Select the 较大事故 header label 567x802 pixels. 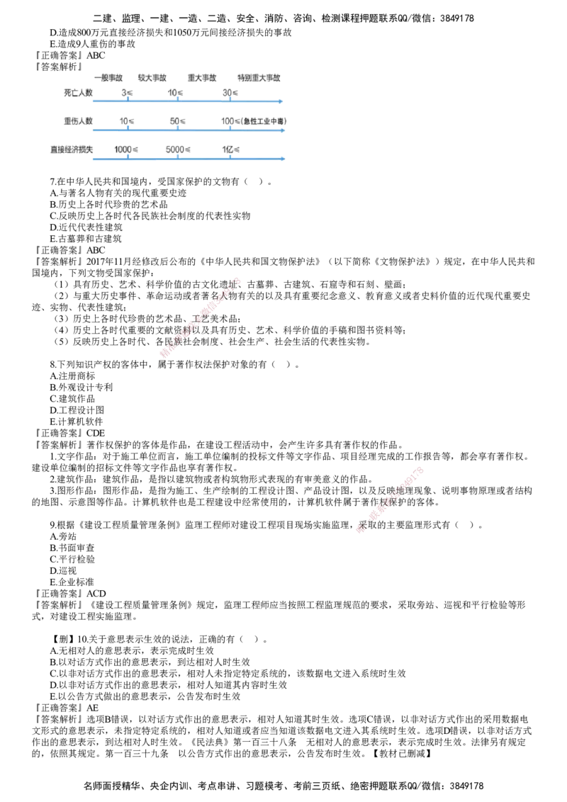coord(153,78)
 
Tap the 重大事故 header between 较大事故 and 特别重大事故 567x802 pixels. coord(203,78)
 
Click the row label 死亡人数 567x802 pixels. coord(78,92)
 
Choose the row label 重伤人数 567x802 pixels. coord(78,121)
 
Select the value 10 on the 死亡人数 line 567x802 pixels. coord(176,93)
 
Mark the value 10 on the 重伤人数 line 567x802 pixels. coord(126,121)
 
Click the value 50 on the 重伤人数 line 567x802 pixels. coord(177,121)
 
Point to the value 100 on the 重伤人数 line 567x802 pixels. coord(228,121)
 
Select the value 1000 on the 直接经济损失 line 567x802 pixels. coord(126,149)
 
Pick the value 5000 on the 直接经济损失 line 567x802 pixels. coord(177,149)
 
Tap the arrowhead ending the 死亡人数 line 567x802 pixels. coord(281,103)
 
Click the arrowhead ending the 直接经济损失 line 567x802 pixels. coord(284,159)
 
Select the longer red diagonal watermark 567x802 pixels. coord(202,315)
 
